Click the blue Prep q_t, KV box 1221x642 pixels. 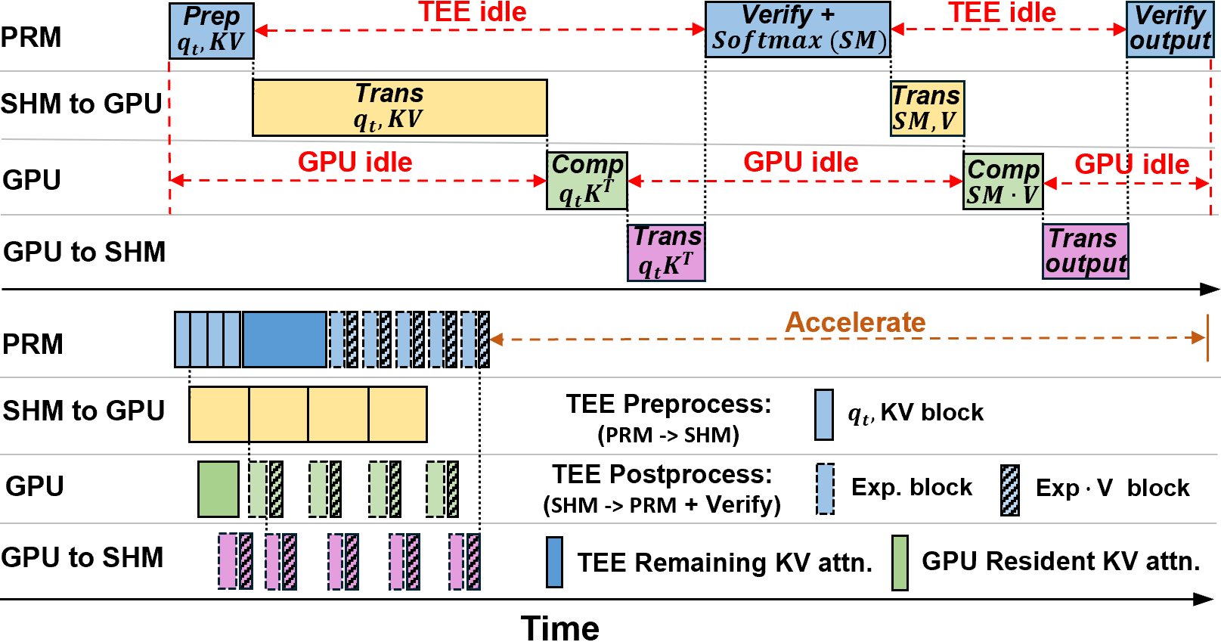[x=212, y=31]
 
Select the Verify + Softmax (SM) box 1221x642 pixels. [x=798, y=29]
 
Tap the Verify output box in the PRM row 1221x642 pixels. [x=1170, y=29]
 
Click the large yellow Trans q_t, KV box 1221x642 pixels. [x=400, y=108]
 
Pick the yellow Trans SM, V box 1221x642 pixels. [x=927, y=108]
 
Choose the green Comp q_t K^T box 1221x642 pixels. [x=587, y=181]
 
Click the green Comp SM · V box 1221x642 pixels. [x=1003, y=181]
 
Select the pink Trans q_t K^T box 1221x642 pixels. [x=666, y=253]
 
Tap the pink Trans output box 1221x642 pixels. [x=1085, y=252]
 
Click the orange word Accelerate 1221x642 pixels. [x=855, y=322]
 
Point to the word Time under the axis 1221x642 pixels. [x=559, y=628]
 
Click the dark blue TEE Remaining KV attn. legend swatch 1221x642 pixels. [x=554, y=562]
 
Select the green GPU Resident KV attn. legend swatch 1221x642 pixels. [x=900, y=563]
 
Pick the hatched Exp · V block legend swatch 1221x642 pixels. [x=1010, y=490]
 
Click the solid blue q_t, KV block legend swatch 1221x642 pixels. [x=824, y=414]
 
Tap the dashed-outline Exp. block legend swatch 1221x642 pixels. [x=826, y=488]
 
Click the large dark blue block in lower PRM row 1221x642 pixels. [x=284, y=340]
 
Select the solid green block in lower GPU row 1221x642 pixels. [x=218, y=488]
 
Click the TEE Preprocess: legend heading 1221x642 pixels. [x=669, y=405]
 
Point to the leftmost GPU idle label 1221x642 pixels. [x=355, y=163]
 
